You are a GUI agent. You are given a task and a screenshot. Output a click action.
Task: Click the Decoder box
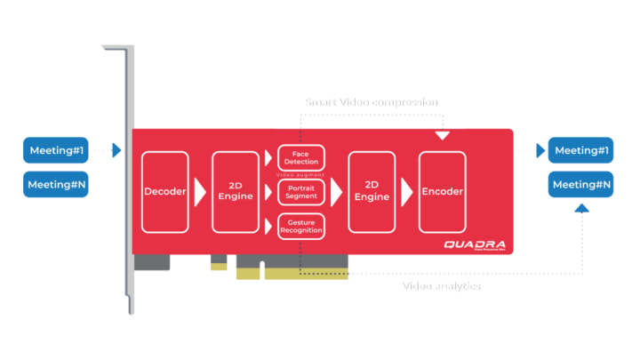click(x=164, y=191)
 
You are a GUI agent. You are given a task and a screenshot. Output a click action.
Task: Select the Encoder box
click(x=442, y=191)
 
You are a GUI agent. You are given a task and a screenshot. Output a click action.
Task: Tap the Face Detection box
click(x=301, y=158)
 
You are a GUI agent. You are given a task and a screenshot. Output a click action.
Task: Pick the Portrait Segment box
click(x=301, y=192)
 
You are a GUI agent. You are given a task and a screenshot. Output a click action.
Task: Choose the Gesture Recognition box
click(x=301, y=227)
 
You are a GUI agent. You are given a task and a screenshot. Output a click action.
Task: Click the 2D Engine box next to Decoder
click(x=236, y=191)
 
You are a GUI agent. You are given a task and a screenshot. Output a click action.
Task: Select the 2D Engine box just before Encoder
click(x=372, y=191)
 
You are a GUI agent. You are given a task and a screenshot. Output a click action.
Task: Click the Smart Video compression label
click(x=372, y=102)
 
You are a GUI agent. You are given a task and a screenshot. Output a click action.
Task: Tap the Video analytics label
click(x=442, y=286)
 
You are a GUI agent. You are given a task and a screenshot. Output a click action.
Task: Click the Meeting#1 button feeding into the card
click(x=56, y=150)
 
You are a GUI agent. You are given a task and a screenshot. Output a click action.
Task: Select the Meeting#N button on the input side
click(x=56, y=185)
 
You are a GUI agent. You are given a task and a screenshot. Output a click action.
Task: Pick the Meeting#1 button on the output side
click(x=581, y=150)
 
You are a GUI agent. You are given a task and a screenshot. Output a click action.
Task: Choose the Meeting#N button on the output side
click(x=581, y=185)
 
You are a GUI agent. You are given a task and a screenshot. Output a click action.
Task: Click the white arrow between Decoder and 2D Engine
click(x=200, y=191)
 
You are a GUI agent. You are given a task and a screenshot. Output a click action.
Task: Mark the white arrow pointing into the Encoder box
click(x=406, y=191)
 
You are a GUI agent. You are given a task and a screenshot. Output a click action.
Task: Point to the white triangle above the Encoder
click(x=442, y=136)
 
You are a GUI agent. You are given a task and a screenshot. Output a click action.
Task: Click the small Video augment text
click(x=301, y=175)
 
